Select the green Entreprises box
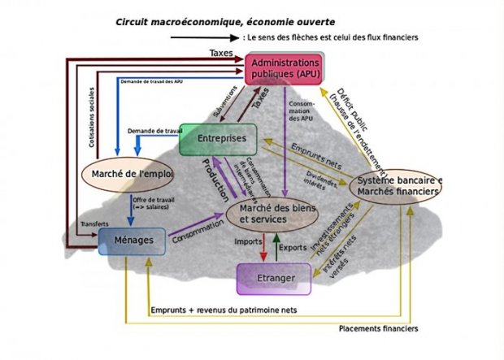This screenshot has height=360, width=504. point(217,139)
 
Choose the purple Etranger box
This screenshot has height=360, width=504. point(274,279)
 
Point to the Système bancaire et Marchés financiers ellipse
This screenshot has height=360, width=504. point(398,184)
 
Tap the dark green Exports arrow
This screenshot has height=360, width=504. point(277,245)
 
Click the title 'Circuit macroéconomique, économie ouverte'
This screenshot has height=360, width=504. point(218,21)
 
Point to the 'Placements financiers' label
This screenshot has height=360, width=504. point(379,328)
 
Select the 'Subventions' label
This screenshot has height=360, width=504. point(214,102)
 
